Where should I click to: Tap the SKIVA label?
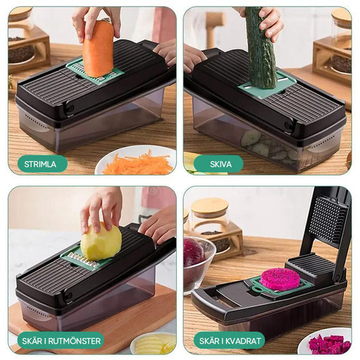(219, 164)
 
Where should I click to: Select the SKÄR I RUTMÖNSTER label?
(61, 341)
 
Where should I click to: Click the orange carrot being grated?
(98, 49)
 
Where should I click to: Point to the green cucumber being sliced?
(260, 48)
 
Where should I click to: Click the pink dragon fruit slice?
(280, 280)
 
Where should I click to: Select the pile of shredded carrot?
(138, 164)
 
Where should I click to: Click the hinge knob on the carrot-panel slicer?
(69, 107)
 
